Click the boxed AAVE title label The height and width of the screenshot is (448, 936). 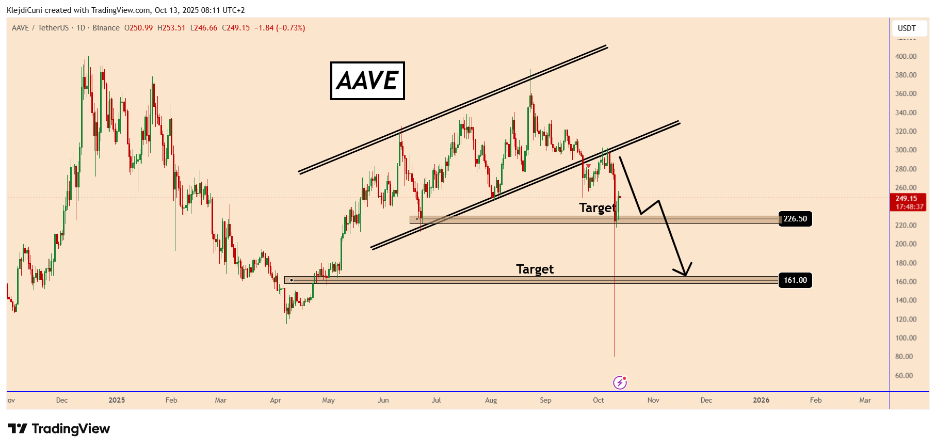point(367,81)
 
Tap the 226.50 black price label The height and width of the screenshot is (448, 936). point(795,219)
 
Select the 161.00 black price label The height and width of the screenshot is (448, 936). point(795,280)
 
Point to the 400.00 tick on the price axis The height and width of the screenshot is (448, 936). point(906,56)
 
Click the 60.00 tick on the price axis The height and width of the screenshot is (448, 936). point(903,375)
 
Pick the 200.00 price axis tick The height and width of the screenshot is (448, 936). point(906,244)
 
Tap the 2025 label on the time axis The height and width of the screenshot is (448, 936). point(117,400)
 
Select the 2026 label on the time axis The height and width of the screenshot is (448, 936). point(761,400)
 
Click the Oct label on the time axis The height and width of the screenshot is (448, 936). point(599,400)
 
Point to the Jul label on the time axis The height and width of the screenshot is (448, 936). point(436,400)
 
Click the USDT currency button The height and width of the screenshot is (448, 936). point(907,28)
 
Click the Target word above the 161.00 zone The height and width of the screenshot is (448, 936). point(535,269)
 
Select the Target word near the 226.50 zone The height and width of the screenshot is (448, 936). point(597,207)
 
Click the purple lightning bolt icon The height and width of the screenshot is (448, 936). point(620,382)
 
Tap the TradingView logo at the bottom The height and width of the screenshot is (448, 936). point(59,429)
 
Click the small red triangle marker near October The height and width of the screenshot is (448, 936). point(589,166)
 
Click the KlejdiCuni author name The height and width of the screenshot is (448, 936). point(24,10)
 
